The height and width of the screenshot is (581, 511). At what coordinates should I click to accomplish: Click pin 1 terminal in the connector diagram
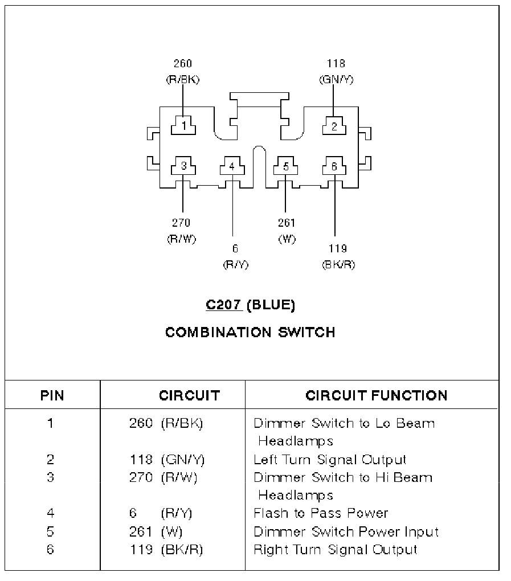click(183, 124)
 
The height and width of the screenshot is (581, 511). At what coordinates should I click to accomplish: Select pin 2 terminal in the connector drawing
click(334, 126)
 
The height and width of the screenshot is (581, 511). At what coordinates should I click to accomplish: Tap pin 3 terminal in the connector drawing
click(183, 166)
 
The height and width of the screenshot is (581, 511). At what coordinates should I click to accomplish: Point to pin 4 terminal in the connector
click(231, 166)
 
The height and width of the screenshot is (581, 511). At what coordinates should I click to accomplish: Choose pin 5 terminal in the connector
click(285, 166)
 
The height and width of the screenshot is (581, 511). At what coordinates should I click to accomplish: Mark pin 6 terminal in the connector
click(334, 166)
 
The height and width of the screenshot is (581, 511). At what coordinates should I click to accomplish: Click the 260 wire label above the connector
click(183, 63)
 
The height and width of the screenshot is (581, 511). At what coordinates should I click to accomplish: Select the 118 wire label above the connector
click(336, 63)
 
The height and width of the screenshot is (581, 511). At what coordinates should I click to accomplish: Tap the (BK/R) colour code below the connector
click(338, 265)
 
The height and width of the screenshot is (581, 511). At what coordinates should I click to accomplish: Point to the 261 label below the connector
click(287, 223)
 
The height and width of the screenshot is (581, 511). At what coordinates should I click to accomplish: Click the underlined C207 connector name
click(224, 305)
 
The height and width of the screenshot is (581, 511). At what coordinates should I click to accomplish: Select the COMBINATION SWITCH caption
click(250, 332)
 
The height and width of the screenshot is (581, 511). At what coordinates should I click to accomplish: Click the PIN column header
click(52, 395)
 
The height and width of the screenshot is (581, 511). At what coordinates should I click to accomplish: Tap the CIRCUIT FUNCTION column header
click(376, 395)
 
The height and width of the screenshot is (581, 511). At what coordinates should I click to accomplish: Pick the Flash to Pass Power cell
click(320, 513)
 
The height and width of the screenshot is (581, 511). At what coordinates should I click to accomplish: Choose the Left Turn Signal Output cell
click(330, 459)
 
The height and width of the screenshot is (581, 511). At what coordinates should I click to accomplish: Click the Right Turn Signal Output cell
click(335, 550)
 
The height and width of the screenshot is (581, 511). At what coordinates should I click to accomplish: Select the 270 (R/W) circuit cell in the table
click(163, 477)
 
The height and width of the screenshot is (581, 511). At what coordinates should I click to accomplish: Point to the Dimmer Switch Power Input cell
click(346, 531)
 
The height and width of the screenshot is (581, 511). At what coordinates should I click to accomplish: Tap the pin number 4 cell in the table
click(51, 513)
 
